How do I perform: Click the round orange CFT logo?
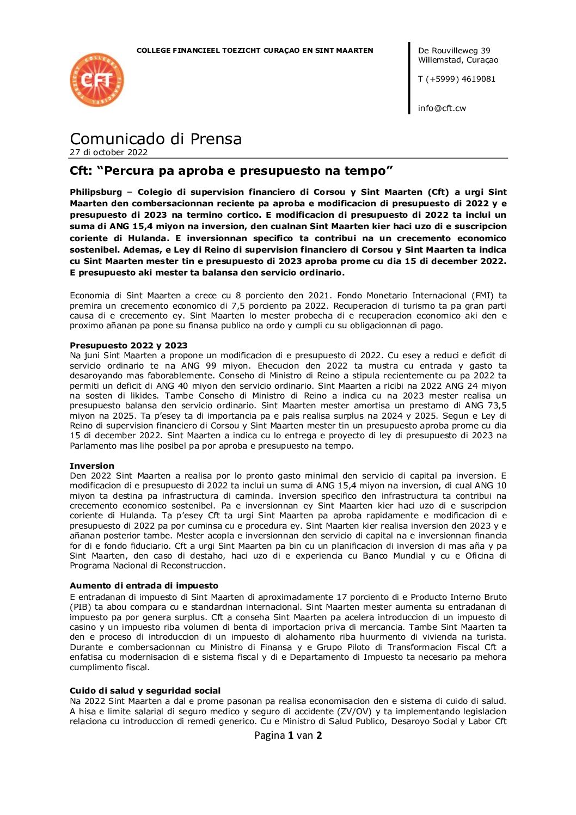(97, 80)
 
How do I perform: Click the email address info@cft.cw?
(442, 108)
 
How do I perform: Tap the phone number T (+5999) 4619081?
(456, 79)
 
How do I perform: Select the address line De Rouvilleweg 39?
(454, 51)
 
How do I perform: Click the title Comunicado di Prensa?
(156, 139)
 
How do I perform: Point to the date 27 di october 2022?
(108, 152)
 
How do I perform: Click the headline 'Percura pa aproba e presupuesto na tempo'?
(231, 171)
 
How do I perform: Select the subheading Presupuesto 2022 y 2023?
(128, 345)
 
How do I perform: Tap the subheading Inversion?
(92, 465)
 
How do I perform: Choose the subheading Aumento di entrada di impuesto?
(144, 585)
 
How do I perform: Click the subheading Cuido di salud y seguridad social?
(145, 690)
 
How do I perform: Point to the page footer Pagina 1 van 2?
(288, 736)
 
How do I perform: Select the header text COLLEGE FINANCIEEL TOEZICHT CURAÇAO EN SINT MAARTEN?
(255, 51)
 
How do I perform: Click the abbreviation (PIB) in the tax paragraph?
(81, 607)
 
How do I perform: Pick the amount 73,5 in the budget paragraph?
(497, 406)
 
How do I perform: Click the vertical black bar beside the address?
(409, 78)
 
